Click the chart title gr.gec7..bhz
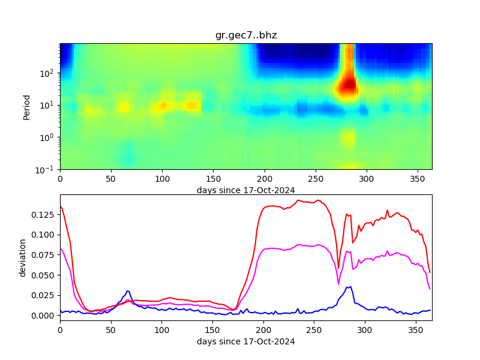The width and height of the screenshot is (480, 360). click(246, 35)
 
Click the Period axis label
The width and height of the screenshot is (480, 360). click(26, 106)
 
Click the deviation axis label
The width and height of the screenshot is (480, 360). click(23, 257)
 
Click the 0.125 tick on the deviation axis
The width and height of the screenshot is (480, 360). click(44, 214)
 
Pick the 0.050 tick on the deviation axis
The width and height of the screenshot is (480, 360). click(44, 275)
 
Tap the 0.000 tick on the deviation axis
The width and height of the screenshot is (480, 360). click(44, 315)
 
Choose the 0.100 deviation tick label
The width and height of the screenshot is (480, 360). click(44, 235)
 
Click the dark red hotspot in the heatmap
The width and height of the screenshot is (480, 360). click(347, 86)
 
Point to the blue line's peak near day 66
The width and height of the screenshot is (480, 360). click(127, 291)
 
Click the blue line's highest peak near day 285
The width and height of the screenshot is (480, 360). click(351, 287)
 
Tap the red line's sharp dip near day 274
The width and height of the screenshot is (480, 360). click(338, 268)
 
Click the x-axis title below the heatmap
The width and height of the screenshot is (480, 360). click(246, 190)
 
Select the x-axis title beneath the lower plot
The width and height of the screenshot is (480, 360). click(246, 341)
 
